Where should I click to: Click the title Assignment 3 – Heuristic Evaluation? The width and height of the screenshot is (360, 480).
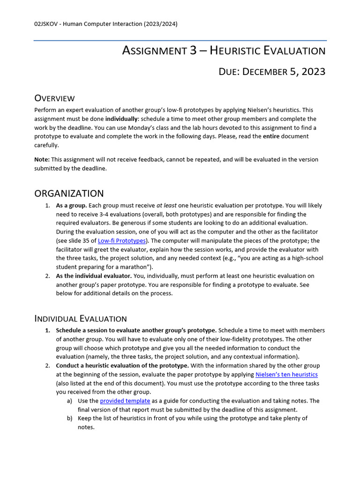pos(224,51)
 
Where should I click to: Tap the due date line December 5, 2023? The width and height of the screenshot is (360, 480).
pos(272,72)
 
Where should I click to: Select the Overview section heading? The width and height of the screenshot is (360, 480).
pos(54,98)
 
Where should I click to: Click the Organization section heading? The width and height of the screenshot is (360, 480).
pos(69,193)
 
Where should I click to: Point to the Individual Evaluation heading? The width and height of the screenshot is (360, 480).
pos(81,319)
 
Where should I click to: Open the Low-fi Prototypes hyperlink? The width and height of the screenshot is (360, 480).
pos(121,240)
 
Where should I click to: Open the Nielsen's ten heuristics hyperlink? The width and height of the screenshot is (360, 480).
pos(286,375)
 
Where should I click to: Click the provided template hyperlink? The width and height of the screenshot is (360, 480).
pos(125,401)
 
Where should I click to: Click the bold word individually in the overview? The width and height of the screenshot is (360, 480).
pos(120,119)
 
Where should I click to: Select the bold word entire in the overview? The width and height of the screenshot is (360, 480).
pos(273,136)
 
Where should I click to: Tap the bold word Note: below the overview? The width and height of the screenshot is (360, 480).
pos(42,159)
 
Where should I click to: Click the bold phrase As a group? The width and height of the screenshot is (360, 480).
pos(71,205)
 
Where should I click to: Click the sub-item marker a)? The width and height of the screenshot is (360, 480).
pos(70,401)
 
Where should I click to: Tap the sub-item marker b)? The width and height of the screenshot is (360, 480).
pos(70,418)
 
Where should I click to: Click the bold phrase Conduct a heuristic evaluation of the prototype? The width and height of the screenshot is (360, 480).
pos(122,366)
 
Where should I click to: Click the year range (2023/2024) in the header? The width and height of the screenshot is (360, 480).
pos(162,24)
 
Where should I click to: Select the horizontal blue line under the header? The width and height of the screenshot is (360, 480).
pos(180,40)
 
